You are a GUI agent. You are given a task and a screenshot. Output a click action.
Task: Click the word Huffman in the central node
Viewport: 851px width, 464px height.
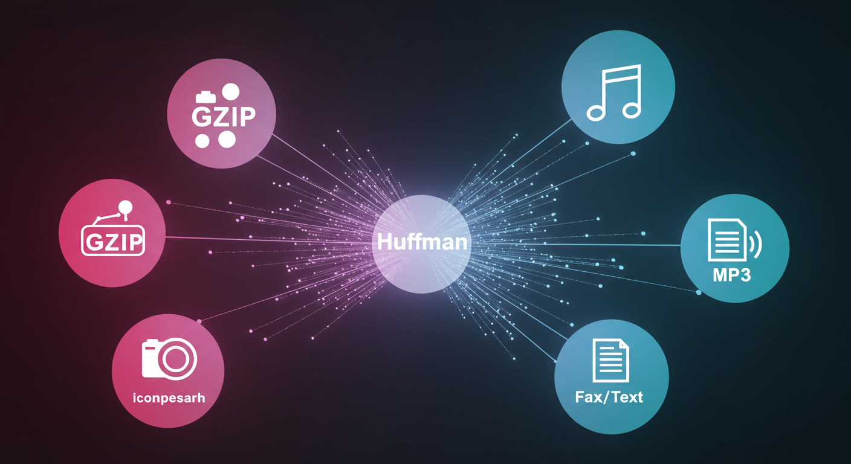(x=421, y=242)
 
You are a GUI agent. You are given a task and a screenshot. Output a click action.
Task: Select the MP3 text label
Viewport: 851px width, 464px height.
(x=731, y=275)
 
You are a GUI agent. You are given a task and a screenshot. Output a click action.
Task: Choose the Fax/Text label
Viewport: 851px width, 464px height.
(x=609, y=397)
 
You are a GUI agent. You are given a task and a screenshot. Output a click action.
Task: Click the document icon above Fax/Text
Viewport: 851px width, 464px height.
(x=611, y=360)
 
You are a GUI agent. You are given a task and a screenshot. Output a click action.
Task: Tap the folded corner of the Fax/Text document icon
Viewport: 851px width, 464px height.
(x=623, y=345)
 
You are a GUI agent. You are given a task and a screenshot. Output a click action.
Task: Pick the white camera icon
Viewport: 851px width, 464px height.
(x=169, y=358)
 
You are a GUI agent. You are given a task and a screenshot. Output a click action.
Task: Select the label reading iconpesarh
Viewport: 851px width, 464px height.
(x=169, y=398)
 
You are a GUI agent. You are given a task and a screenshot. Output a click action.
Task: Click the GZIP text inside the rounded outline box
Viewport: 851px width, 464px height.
(x=113, y=241)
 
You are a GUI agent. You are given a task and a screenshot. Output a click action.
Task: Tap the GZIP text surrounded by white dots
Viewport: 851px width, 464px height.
(x=222, y=117)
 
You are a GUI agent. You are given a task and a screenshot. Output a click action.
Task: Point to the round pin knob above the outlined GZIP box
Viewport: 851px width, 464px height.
(x=126, y=208)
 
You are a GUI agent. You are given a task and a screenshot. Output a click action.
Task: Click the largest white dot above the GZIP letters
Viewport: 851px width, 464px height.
(x=230, y=92)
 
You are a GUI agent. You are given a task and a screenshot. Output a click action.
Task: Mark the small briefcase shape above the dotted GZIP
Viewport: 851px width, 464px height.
(x=204, y=97)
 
